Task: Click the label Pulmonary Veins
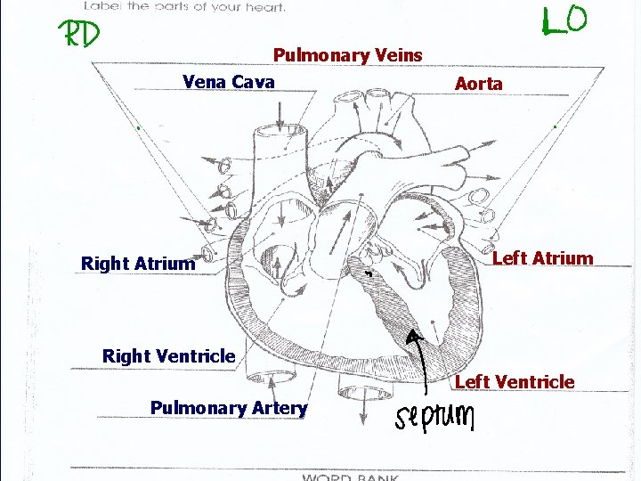[x=347, y=55]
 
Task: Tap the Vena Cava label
[x=228, y=82]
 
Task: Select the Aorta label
[x=478, y=84]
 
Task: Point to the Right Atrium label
[x=137, y=264]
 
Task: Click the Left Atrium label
[x=542, y=258]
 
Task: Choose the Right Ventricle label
[x=168, y=356]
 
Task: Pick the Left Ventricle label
[x=515, y=382]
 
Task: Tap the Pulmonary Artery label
[x=229, y=408]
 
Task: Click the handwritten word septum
[x=435, y=416]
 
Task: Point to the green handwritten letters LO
[x=564, y=20]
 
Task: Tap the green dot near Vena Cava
[x=139, y=129]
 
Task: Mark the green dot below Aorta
[x=555, y=126]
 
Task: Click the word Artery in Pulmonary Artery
[x=279, y=408]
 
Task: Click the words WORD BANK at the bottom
[x=351, y=477]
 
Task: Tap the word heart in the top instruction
[x=264, y=7]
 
